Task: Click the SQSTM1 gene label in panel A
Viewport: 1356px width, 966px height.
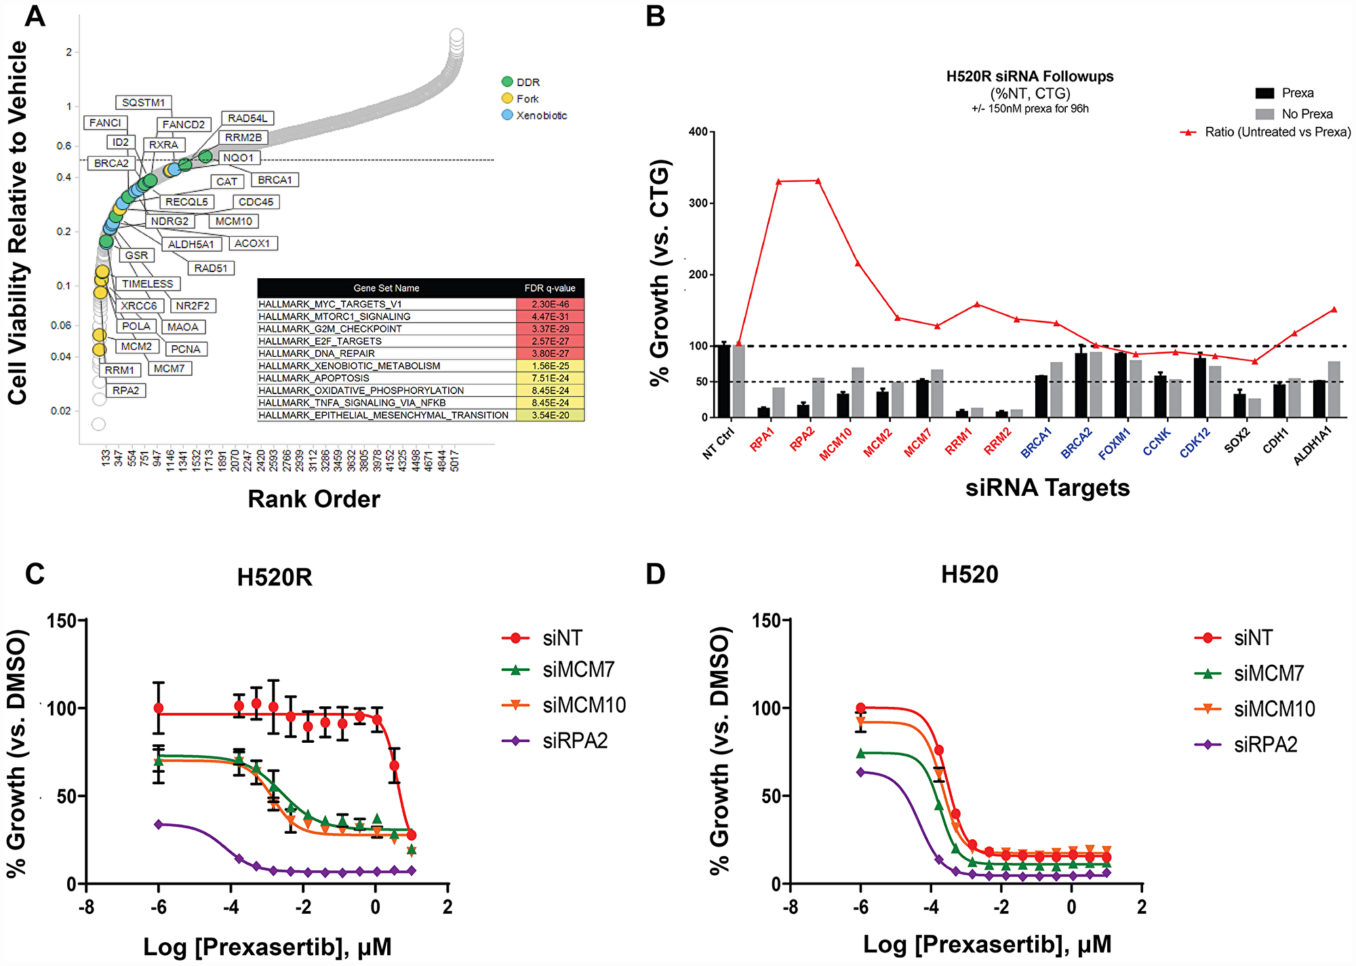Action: pos(143,102)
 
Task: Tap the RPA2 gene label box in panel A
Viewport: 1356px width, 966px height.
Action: pos(125,391)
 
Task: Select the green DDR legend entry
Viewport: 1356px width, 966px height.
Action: pos(521,82)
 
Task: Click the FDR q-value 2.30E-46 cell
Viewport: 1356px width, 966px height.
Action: pos(550,305)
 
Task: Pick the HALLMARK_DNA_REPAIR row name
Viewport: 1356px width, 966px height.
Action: pos(317,353)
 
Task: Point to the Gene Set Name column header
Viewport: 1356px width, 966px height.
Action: pos(386,288)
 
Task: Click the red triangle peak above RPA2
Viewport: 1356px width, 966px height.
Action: pos(818,181)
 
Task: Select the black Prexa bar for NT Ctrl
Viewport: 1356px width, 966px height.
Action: pos(724,381)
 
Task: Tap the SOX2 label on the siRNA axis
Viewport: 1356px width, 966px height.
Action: pos(1237,440)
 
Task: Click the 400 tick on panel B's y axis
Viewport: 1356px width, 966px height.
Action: pos(698,132)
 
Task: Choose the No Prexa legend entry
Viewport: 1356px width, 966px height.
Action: pos(1294,114)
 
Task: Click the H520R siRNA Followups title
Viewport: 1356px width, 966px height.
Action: pos(1030,77)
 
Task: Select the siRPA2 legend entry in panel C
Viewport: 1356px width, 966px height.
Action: pos(555,741)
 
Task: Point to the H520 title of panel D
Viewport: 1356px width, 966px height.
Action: pos(970,575)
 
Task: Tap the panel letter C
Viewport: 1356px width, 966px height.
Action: pos(35,574)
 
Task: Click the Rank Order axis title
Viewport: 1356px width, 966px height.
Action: pos(314,499)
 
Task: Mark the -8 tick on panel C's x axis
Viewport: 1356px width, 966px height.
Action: pos(86,907)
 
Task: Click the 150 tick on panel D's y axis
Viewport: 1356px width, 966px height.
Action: pos(766,620)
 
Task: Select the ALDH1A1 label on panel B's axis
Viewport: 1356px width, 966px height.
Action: pos(1313,446)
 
